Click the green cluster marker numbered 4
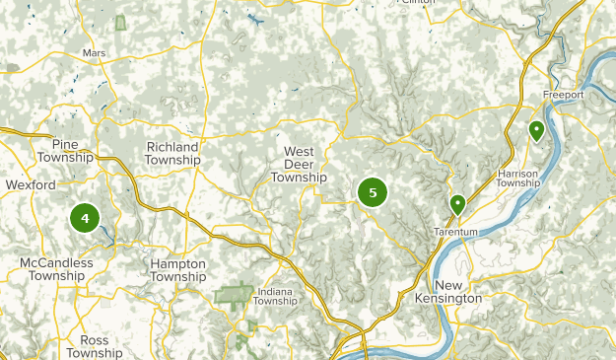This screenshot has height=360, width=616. tap(86, 218)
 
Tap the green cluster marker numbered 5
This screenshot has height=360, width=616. tap(373, 192)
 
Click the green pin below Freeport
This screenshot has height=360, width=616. tap(536, 129)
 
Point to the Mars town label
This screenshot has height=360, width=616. tap(95, 52)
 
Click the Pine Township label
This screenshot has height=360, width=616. tap(66, 150)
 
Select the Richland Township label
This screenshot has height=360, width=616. tap(172, 153)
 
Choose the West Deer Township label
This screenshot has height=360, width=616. tap(299, 165)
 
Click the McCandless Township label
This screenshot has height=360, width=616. tap(56, 269)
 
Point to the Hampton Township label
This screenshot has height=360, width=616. tap(178, 270)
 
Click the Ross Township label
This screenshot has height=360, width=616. tap(95, 346)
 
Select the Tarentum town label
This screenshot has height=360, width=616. tap(455, 232)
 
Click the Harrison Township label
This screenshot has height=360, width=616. tap(518, 179)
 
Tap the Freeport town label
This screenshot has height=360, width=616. tap(563, 95)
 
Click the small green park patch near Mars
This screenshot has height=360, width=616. tap(121, 22)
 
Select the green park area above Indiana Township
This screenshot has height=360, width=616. tap(234, 295)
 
